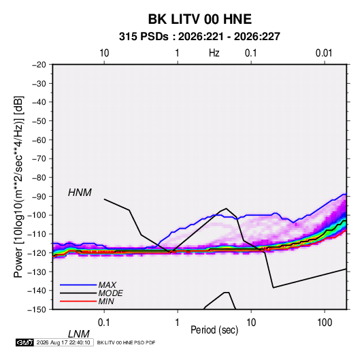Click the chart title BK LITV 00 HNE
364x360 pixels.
pyautogui.click(x=200, y=19)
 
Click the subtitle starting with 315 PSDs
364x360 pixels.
pyautogui.click(x=199, y=37)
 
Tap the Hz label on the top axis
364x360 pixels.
pyautogui.click(x=214, y=53)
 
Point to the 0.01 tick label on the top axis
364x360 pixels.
pyautogui.click(x=324, y=53)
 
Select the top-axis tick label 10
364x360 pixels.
pyautogui.click(x=104, y=53)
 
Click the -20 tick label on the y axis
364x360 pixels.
pyautogui.click(x=39, y=65)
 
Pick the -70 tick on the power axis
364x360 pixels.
pyautogui.click(x=39, y=159)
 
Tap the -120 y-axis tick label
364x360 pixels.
pyautogui.click(x=37, y=253)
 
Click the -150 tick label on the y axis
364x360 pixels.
pyautogui.click(x=37, y=310)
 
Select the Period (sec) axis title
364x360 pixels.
pyautogui.click(x=214, y=330)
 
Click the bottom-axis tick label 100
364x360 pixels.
pyautogui.click(x=325, y=323)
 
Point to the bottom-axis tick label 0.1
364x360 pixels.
pyautogui.click(x=104, y=323)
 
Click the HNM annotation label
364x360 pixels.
pyautogui.click(x=80, y=193)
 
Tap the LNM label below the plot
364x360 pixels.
pyautogui.click(x=79, y=334)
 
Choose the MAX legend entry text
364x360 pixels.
pyautogui.click(x=107, y=284)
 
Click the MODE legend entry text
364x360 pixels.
pyautogui.click(x=110, y=293)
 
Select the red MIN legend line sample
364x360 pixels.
pyautogui.click(x=78, y=301)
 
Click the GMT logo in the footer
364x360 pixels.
pyautogui.click(x=25, y=342)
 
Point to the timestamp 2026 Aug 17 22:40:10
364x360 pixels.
pyautogui.click(x=63, y=342)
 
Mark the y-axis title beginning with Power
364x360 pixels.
pyautogui.click(x=18, y=187)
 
